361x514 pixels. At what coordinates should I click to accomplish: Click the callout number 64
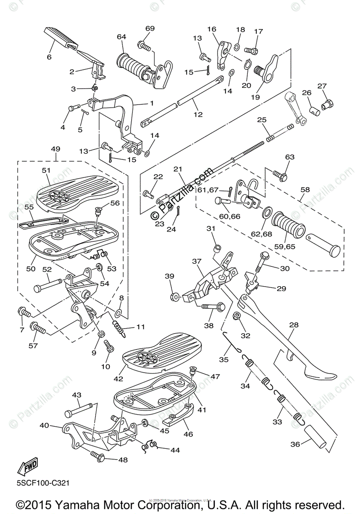click(x=121, y=37)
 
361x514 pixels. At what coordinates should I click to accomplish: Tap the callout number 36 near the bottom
click(x=295, y=444)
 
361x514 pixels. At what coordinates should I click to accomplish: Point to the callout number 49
click(x=55, y=149)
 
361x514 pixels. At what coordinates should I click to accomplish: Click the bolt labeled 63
click(x=278, y=174)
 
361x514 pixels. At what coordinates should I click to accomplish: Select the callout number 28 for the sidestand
click(x=293, y=325)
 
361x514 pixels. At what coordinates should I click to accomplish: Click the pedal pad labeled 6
click(x=60, y=37)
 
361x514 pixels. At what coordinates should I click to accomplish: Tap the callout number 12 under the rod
click(x=198, y=114)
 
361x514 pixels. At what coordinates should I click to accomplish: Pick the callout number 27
click(x=322, y=86)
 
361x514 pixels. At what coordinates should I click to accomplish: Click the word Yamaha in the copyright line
click(x=80, y=504)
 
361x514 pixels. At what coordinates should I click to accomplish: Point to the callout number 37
click(x=196, y=261)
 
